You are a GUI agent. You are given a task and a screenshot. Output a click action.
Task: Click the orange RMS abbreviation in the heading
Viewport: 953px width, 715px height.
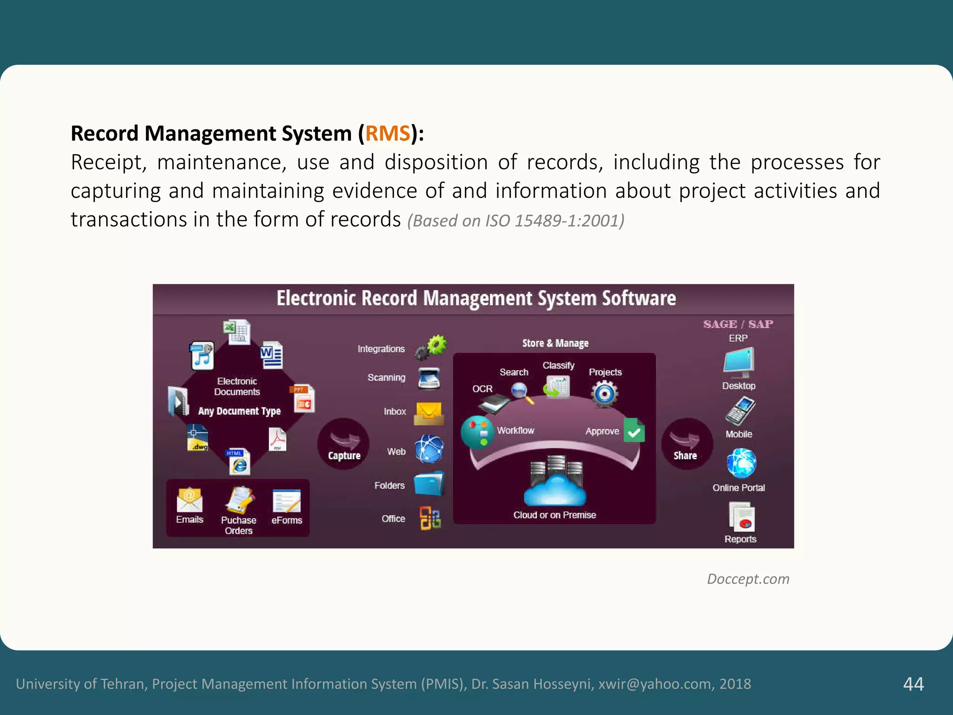pyautogui.click(x=388, y=134)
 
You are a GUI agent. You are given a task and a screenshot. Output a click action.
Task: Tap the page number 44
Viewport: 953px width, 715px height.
pyautogui.click(x=913, y=684)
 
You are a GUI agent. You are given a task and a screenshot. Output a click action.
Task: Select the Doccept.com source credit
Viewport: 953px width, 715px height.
pyautogui.click(x=748, y=579)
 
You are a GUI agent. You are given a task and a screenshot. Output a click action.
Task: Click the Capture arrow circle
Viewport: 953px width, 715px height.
pyautogui.click(x=343, y=444)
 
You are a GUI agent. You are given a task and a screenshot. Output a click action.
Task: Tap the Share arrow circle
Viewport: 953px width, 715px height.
pyautogui.click(x=686, y=444)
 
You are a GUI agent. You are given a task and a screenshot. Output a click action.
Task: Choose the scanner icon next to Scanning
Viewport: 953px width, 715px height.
pyautogui.click(x=429, y=378)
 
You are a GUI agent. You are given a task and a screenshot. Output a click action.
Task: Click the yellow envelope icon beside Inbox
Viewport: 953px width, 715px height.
pyautogui.click(x=429, y=413)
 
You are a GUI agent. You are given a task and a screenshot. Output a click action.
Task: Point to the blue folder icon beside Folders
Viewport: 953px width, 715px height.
pyautogui.click(x=429, y=484)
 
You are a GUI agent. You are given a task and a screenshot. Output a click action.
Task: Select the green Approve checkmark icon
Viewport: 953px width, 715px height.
pyautogui.click(x=634, y=430)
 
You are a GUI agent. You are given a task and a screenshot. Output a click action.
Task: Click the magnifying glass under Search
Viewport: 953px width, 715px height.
pyautogui.click(x=522, y=392)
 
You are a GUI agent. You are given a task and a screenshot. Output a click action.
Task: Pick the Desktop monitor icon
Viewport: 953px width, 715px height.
pyautogui.click(x=738, y=362)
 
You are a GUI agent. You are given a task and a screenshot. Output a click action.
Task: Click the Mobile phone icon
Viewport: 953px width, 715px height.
pyautogui.click(x=740, y=411)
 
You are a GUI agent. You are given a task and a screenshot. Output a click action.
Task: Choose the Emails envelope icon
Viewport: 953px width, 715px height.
pyautogui.click(x=189, y=499)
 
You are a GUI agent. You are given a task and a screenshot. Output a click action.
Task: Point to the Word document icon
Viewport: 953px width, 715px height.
pyautogui.click(x=272, y=355)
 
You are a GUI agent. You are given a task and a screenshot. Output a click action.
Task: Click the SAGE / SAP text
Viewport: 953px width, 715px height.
pyautogui.click(x=738, y=324)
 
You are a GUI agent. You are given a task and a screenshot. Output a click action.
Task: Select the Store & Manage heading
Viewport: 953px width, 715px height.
pyautogui.click(x=555, y=343)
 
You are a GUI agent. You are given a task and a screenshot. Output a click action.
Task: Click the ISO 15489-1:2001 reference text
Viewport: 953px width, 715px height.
pyautogui.click(x=516, y=221)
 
